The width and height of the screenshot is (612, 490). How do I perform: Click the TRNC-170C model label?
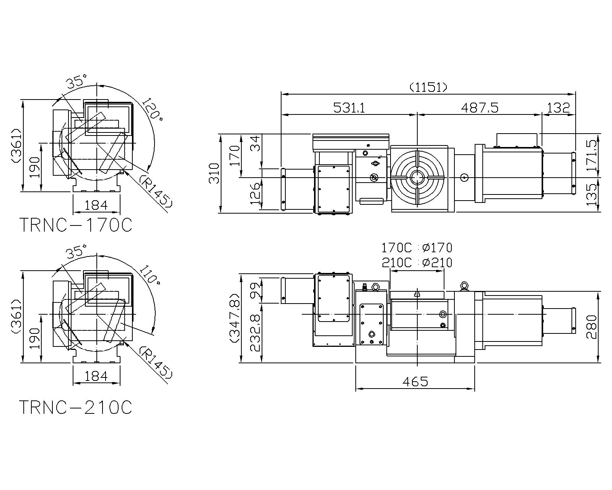point(76,225)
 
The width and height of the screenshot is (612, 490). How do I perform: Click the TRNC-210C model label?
point(76,407)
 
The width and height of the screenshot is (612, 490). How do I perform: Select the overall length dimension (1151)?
point(428,87)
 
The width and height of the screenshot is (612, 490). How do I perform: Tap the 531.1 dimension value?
point(349,108)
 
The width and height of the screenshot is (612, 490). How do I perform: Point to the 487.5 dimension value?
point(480,108)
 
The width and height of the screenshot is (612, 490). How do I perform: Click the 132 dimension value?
point(558,108)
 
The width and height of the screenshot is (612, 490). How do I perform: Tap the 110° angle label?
point(151,275)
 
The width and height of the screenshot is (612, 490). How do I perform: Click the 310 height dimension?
point(215,173)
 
